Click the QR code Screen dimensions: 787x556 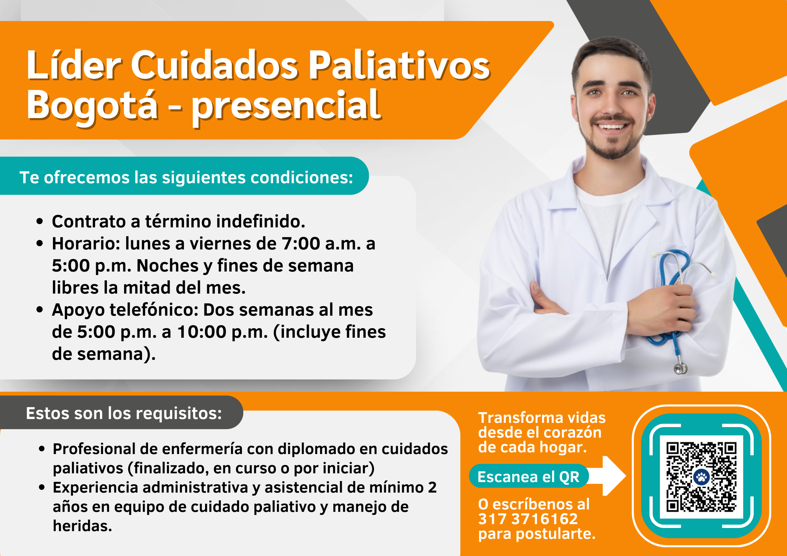701,477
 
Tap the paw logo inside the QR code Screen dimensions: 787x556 701,477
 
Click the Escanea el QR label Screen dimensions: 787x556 528,477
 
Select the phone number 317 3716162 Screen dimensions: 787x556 528,519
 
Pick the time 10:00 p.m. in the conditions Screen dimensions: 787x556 222,332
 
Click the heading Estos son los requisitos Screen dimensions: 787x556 124,413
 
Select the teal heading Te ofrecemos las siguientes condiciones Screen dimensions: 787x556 186,177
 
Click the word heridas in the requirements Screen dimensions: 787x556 82,526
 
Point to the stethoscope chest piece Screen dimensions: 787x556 680,368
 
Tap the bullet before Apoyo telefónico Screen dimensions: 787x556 40,310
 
